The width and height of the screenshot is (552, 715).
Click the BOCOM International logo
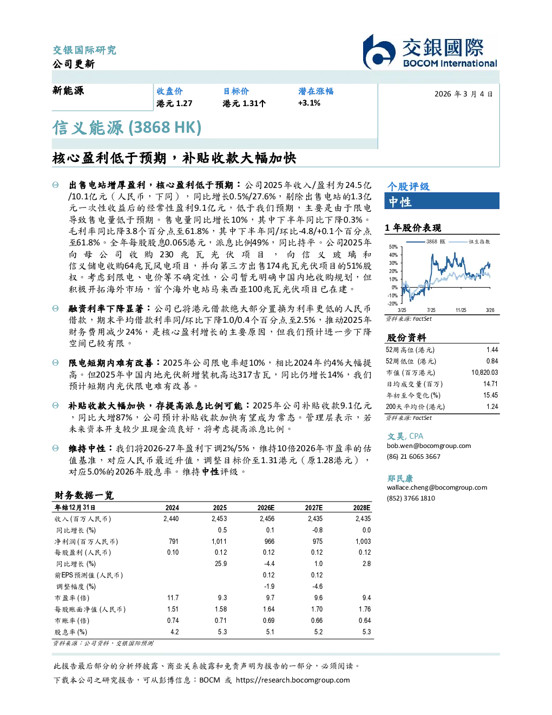point(430,51)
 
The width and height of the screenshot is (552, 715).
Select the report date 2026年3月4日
point(464,94)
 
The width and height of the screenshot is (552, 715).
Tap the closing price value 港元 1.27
point(174,103)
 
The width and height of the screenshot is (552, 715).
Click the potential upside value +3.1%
point(309,103)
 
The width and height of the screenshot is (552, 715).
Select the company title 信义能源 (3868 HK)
point(127,127)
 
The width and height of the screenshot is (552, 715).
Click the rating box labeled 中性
point(442,201)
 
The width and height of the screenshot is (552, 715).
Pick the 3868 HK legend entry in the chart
point(426,242)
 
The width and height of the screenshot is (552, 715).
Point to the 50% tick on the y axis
point(393,247)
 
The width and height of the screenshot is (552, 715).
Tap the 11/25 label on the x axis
point(461,310)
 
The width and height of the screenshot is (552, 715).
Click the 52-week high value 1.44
point(492,350)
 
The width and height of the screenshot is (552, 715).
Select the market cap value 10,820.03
point(484,373)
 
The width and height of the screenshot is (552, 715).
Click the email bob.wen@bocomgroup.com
point(429,446)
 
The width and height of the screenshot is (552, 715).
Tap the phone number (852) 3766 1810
point(411,498)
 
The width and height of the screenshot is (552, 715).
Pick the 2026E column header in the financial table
point(266,508)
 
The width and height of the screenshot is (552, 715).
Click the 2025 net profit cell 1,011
point(219,541)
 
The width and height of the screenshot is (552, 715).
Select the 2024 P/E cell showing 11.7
point(173,597)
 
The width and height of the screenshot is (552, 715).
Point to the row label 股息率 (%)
point(71,632)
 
